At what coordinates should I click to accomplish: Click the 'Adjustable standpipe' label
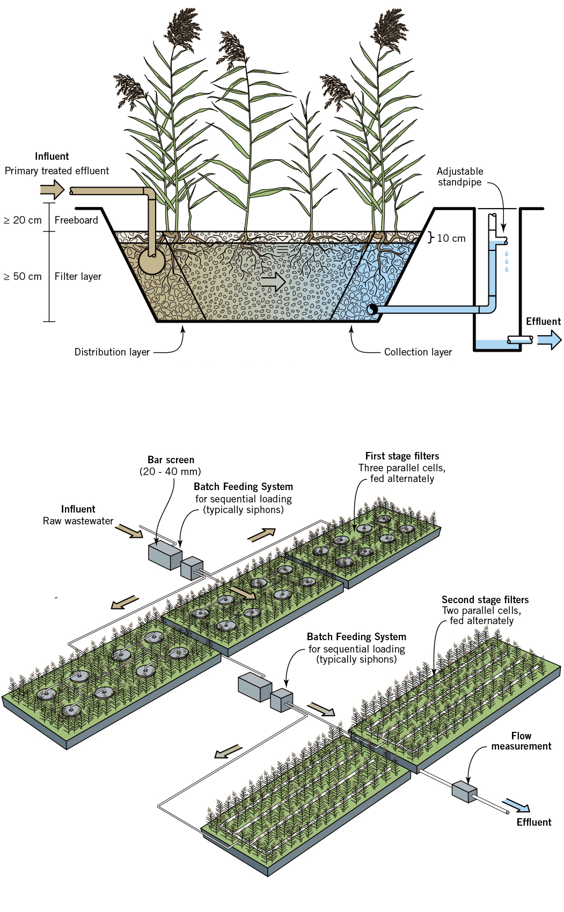(459, 177)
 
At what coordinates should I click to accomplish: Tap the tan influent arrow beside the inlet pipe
(52, 189)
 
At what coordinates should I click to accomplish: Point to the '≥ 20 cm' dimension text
(23, 220)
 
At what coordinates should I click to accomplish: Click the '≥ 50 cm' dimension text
(23, 277)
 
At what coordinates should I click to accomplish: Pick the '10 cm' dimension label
(451, 239)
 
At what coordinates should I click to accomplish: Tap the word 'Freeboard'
(76, 220)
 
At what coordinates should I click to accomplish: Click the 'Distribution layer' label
(112, 352)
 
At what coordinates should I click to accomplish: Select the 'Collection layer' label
(417, 352)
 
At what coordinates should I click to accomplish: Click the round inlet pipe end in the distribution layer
(151, 262)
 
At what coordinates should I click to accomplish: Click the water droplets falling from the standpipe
(506, 261)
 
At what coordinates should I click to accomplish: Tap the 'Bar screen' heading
(171, 460)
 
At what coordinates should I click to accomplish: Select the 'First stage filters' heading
(402, 456)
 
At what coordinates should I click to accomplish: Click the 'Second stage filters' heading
(485, 600)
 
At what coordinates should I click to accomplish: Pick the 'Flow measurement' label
(521, 741)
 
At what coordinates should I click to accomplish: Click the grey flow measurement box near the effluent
(464, 791)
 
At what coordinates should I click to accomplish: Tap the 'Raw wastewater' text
(78, 521)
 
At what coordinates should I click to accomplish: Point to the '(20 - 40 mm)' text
(170, 472)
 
